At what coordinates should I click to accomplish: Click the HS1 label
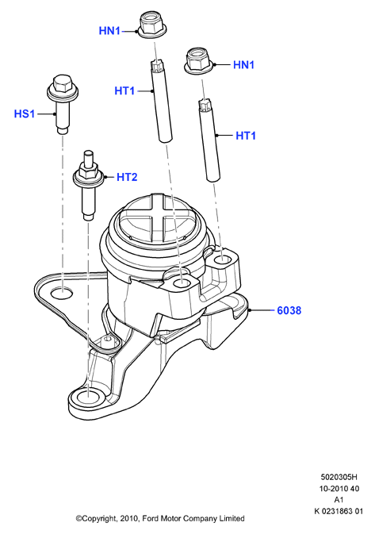(x=25, y=113)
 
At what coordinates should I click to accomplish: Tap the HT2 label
(x=127, y=177)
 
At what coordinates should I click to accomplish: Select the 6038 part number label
(x=289, y=310)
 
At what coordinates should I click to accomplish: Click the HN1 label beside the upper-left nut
(x=109, y=31)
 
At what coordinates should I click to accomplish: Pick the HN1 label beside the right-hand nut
(x=243, y=65)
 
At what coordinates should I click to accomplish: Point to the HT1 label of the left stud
(x=124, y=91)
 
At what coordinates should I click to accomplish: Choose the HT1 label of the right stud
(x=246, y=136)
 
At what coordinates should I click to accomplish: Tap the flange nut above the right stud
(x=200, y=61)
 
